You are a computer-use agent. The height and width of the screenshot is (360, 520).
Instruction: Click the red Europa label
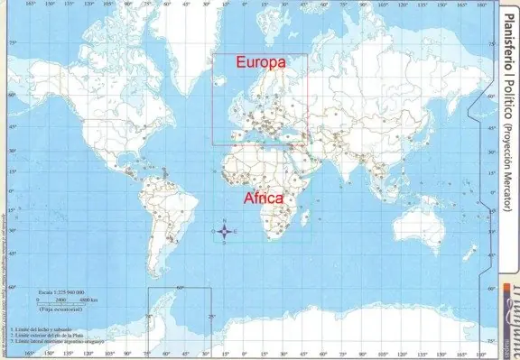point(260,63)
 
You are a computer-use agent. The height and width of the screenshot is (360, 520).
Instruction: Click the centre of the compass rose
point(225,231)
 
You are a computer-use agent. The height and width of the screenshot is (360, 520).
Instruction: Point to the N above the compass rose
point(225,217)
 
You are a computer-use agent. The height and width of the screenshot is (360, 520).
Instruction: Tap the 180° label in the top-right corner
point(482,5)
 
